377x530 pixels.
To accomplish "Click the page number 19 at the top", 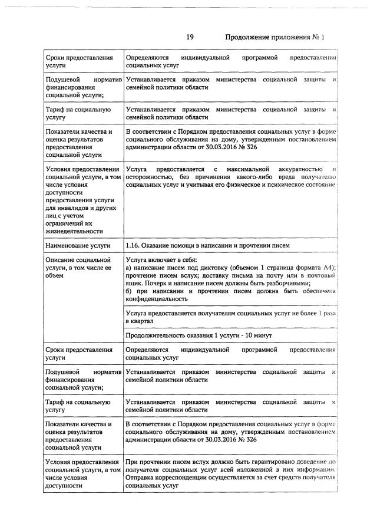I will [190, 37].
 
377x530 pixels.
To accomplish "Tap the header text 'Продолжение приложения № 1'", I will [275, 37].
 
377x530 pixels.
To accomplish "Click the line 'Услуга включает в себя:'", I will [161, 259].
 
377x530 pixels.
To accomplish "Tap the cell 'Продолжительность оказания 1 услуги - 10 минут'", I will [199, 335].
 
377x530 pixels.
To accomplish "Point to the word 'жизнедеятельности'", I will [73, 231].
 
